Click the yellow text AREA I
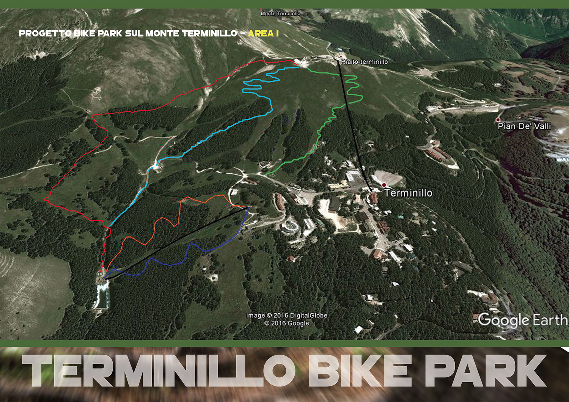click(263, 33)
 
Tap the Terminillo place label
click(409, 193)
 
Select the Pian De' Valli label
click(524, 126)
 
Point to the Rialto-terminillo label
click(365, 62)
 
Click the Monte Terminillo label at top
click(281, 14)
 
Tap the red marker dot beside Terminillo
click(384, 185)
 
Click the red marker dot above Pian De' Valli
click(498, 120)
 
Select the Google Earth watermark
click(523, 320)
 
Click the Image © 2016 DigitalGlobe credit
click(286, 316)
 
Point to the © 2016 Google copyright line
click(286, 323)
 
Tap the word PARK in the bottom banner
click(486, 371)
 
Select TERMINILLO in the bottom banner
click(159, 371)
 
